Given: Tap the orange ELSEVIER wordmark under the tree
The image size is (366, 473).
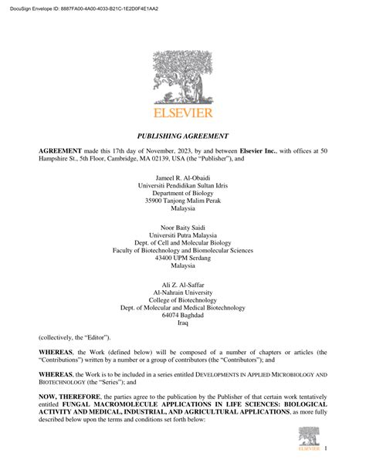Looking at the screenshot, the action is coord(182,113).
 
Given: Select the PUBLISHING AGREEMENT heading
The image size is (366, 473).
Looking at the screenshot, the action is coord(182,133).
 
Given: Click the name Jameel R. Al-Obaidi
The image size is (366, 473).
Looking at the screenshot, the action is coord(182,178).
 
